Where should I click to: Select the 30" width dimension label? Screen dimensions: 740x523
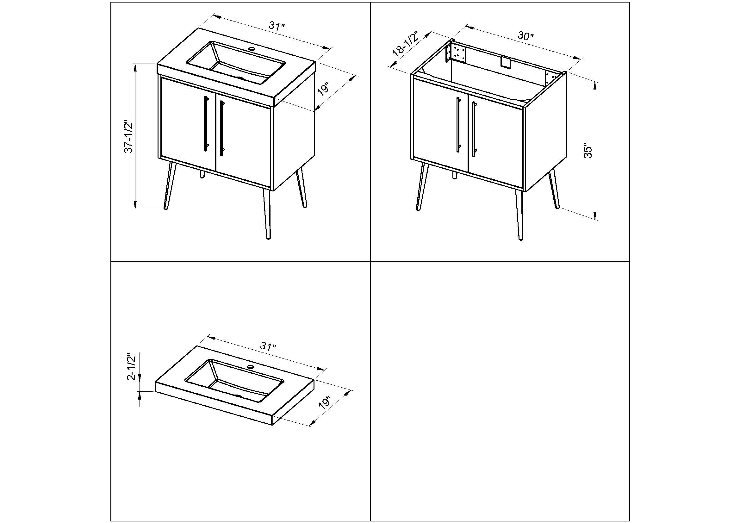click(x=526, y=36)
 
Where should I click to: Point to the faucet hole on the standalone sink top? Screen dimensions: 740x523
click(x=250, y=367)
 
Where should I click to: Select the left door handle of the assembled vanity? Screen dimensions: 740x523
click(x=206, y=123)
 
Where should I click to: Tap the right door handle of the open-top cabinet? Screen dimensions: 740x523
click(x=474, y=129)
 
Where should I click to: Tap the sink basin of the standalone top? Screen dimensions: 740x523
click(x=235, y=381)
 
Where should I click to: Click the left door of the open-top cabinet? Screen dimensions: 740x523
click(x=441, y=126)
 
